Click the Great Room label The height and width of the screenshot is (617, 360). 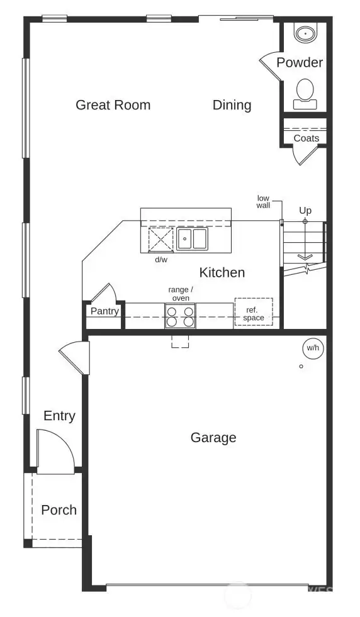pyautogui.click(x=113, y=104)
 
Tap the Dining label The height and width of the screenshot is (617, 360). pyautogui.click(x=232, y=104)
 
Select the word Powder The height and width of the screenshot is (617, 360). pyautogui.click(x=300, y=62)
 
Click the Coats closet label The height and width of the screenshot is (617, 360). pyautogui.click(x=307, y=138)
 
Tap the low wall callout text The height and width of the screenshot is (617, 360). pyautogui.click(x=263, y=202)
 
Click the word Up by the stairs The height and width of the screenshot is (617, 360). pyautogui.click(x=305, y=210)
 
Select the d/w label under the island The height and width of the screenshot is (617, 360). pyautogui.click(x=162, y=259)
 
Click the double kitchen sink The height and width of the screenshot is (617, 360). pyautogui.click(x=192, y=239)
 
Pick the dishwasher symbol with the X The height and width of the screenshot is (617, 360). pyautogui.click(x=160, y=240)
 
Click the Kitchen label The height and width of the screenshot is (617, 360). pyautogui.click(x=222, y=272)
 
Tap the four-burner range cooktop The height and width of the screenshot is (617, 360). pyautogui.click(x=180, y=316)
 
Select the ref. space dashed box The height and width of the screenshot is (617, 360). pyautogui.click(x=254, y=313)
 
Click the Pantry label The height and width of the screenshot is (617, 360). pyautogui.click(x=104, y=311)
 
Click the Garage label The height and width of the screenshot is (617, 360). pyautogui.click(x=213, y=437)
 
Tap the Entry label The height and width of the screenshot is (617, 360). pyautogui.click(x=59, y=415)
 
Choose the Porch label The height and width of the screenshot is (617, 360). pyautogui.click(x=59, y=509)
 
